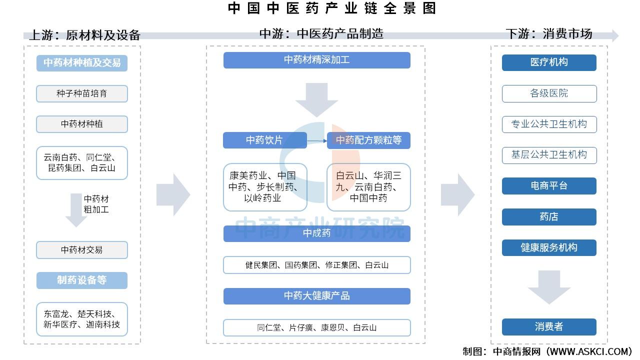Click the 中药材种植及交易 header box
pyautogui.click(x=82, y=63)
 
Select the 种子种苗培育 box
pyautogui.click(x=82, y=93)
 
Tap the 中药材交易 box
pyautogui.click(x=82, y=250)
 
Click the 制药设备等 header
pyautogui.click(x=82, y=280)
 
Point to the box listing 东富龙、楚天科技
pyautogui.click(x=82, y=319)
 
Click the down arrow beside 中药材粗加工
pyautogui.click(x=76, y=210)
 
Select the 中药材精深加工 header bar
pyautogui.click(x=317, y=60)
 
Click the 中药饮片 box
pyautogui.click(x=265, y=140)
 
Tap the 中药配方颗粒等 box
pyautogui.click(x=368, y=140)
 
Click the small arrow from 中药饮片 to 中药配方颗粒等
pyautogui.click(x=317, y=140)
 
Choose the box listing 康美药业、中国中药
pyautogui.click(x=265, y=187)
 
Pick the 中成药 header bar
pyautogui.click(x=317, y=233)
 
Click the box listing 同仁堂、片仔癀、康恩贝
pyautogui.click(x=317, y=327)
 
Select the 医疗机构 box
pyautogui.click(x=549, y=62)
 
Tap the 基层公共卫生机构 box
pyautogui.click(x=549, y=155)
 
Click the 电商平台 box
pyautogui.click(x=549, y=186)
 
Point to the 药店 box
pyautogui.click(x=549, y=217)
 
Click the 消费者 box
pyautogui.click(x=549, y=327)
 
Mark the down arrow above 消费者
pyautogui.click(x=549, y=287)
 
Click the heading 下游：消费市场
pyautogui.click(x=549, y=34)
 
